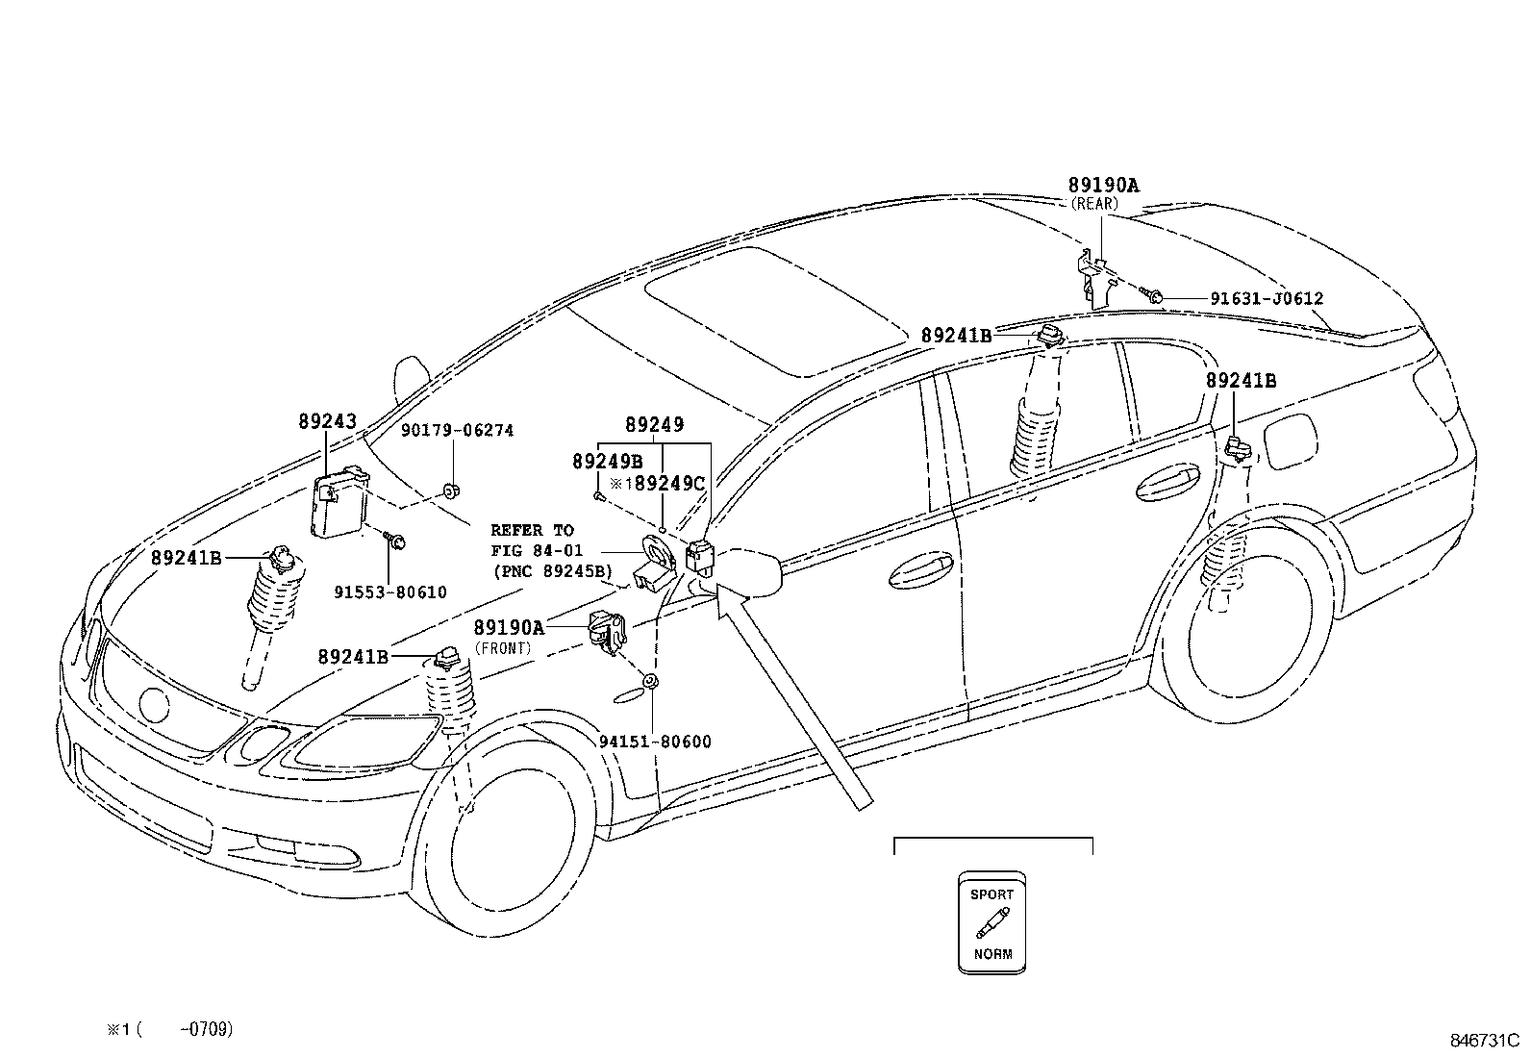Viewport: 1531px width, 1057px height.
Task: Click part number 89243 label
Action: (x=327, y=421)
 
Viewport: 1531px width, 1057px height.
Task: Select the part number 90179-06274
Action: (x=457, y=431)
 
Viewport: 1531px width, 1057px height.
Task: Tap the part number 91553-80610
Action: (x=389, y=592)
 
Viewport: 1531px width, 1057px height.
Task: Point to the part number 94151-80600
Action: (x=655, y=742)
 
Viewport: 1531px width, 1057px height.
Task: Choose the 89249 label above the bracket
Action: (x=654, y=424)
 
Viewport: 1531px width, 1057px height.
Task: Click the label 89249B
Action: (x=607, y=462)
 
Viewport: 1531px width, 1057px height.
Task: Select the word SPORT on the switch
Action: (x=991, y=894)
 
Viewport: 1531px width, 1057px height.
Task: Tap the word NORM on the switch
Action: (x=991, y=955)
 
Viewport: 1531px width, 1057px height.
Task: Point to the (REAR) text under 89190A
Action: (x=1094, y=204)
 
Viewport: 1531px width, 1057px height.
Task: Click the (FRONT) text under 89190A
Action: (x=502, y=648)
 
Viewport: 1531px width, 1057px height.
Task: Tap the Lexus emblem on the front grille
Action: (x=153, y=705)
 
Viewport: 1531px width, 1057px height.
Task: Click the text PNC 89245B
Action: (x=551, y=571)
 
